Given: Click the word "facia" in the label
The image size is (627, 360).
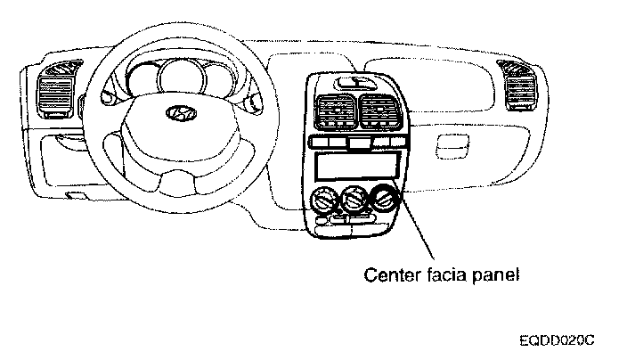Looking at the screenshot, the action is pos(447,275).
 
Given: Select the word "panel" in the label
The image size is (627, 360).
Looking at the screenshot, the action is pos(497,275).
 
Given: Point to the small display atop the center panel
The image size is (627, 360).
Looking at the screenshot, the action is pos(354,82).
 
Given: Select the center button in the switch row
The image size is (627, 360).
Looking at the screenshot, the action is pos(354,143).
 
